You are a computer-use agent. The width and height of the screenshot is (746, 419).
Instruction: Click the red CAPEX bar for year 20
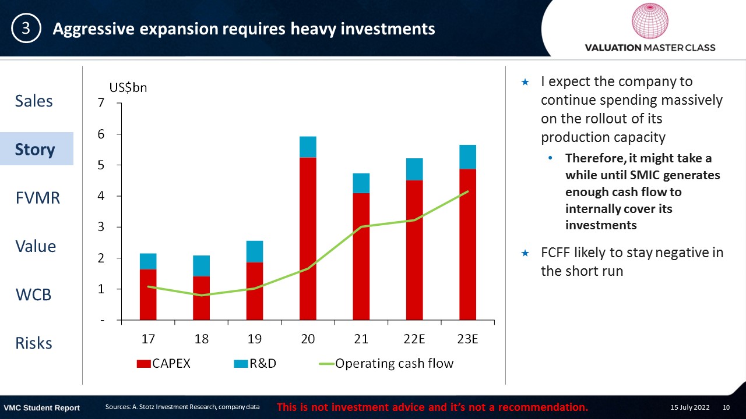[x=308, y=239]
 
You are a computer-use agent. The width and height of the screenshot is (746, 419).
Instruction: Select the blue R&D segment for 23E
[x=467, y=157]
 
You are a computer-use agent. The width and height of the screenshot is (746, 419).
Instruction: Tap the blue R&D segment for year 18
[x=201, y=266]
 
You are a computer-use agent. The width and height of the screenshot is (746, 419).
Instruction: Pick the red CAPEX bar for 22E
[x=414, y=250]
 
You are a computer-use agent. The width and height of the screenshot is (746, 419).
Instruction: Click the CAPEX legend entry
[x=163, y=364]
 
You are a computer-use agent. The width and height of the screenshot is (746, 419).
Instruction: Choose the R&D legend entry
[x=255, y=364]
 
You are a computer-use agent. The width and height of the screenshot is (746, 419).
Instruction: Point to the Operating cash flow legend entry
[x=386, y=364]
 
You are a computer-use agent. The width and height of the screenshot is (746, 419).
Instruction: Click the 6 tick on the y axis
[x=101, y=134]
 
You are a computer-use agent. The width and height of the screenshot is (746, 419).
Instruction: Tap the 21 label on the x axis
[x=361, y=339]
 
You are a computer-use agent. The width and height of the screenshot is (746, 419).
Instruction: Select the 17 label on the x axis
[x=148, y=339]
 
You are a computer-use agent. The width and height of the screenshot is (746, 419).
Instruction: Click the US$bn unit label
[x=128, y=87]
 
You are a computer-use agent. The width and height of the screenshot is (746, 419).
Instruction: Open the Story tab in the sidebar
[x=35, y=149]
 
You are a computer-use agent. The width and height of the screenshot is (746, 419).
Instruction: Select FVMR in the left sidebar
[x=38, y=198]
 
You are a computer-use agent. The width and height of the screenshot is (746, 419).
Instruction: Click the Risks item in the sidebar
[x=34, y=343]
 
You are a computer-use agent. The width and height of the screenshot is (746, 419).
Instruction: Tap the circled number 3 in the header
[x=26, y=29]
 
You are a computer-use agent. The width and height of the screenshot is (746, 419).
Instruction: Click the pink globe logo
[x=650, y=21]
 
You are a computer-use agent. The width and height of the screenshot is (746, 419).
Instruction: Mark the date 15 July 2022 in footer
[x=689, y=407]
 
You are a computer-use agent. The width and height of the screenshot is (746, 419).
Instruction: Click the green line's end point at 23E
[x=468, y=191]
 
